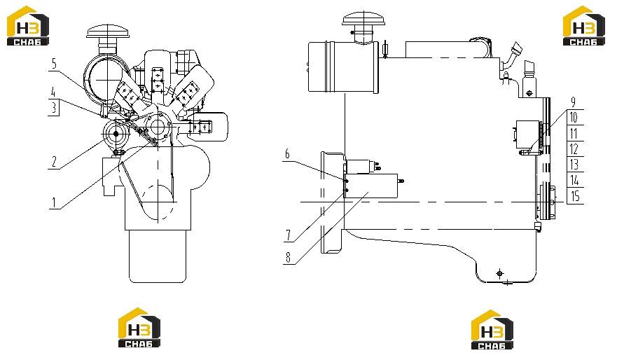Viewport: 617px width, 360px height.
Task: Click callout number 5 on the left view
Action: coord(54,63)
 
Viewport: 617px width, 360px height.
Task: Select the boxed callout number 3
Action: coord(54,107)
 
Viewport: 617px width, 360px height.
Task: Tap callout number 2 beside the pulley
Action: coord(54,161)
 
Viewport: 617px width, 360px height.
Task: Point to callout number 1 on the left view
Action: coord(54,202)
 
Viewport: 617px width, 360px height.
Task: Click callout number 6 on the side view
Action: coord(287,154)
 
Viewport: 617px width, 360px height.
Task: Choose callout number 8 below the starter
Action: coord(288,257)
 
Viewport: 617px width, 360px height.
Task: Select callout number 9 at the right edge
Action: coord(574,102)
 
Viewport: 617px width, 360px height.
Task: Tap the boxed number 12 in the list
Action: coord(574,149)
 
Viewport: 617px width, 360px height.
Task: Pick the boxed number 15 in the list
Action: coord(574,196)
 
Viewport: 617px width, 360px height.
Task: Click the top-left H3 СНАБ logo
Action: coord(28,26)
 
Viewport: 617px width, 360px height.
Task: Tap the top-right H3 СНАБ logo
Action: coord(583,26)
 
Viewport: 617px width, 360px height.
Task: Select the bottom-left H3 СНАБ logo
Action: coord(139,328)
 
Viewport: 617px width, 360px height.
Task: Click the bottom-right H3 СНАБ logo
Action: coord(492,330)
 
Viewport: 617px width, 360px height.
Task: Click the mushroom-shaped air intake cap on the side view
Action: coord(363,19)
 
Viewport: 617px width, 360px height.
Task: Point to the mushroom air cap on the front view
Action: coord(108,32)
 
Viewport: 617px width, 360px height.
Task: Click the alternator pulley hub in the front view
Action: coord(116,134)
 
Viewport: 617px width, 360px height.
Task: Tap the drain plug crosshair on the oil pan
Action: coord(500,273)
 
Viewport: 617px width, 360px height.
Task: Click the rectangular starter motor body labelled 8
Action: coord(370,186)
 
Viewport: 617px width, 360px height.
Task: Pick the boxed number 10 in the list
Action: coord(574,117)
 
